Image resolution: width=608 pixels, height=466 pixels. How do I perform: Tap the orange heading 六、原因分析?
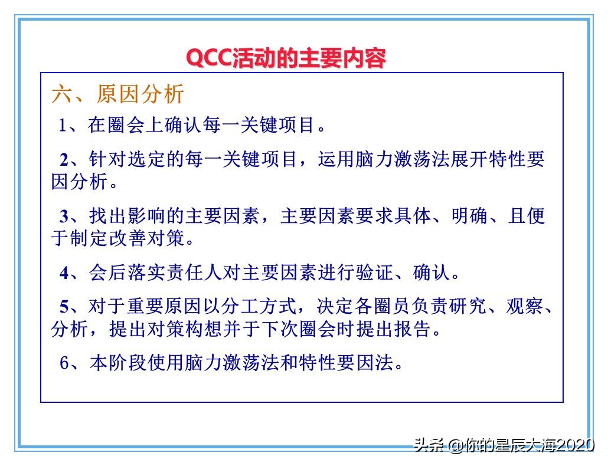point(118,94)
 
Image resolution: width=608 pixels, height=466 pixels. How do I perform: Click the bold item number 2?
point(64,160)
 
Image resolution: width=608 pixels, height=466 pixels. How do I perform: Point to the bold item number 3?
point(64,216)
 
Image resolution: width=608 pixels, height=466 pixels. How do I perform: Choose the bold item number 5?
point(64,307)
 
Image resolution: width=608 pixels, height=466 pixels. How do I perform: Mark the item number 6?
point(64,363)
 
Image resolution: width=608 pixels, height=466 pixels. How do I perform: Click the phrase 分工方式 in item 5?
point(261,307)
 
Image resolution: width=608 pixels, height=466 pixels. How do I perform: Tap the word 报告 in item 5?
point(413,329)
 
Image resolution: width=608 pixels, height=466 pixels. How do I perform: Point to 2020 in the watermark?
point(576,445)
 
